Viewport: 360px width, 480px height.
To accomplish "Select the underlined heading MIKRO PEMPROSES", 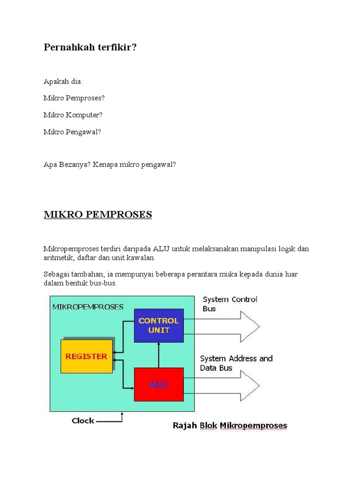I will (x=98, y=215).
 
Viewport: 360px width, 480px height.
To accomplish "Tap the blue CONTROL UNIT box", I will (x=158, y=325).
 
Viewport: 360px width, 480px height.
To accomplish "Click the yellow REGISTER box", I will (x=87, y=356).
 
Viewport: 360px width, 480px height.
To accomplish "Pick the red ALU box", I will (x=158, y=384).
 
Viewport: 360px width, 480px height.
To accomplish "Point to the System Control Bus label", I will (x=230, y=304).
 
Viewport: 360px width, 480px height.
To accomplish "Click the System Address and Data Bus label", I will (x=236, y=363).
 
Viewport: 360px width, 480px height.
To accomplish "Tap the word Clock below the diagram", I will (x=83, y=420).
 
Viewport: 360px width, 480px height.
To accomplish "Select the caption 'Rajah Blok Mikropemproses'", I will (x=230, y=426).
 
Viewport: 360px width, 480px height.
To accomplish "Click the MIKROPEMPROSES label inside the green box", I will (x=88, y=307).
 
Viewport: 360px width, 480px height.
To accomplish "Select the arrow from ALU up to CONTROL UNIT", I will (x=158, y=355).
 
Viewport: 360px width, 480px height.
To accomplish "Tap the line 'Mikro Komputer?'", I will (x=73, y=115).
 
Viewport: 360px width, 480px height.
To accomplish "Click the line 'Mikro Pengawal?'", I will (x=72, y=132).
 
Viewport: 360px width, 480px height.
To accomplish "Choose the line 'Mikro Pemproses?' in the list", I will (x=74, y=98).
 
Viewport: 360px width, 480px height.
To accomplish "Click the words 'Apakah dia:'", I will (x=63, y=82).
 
